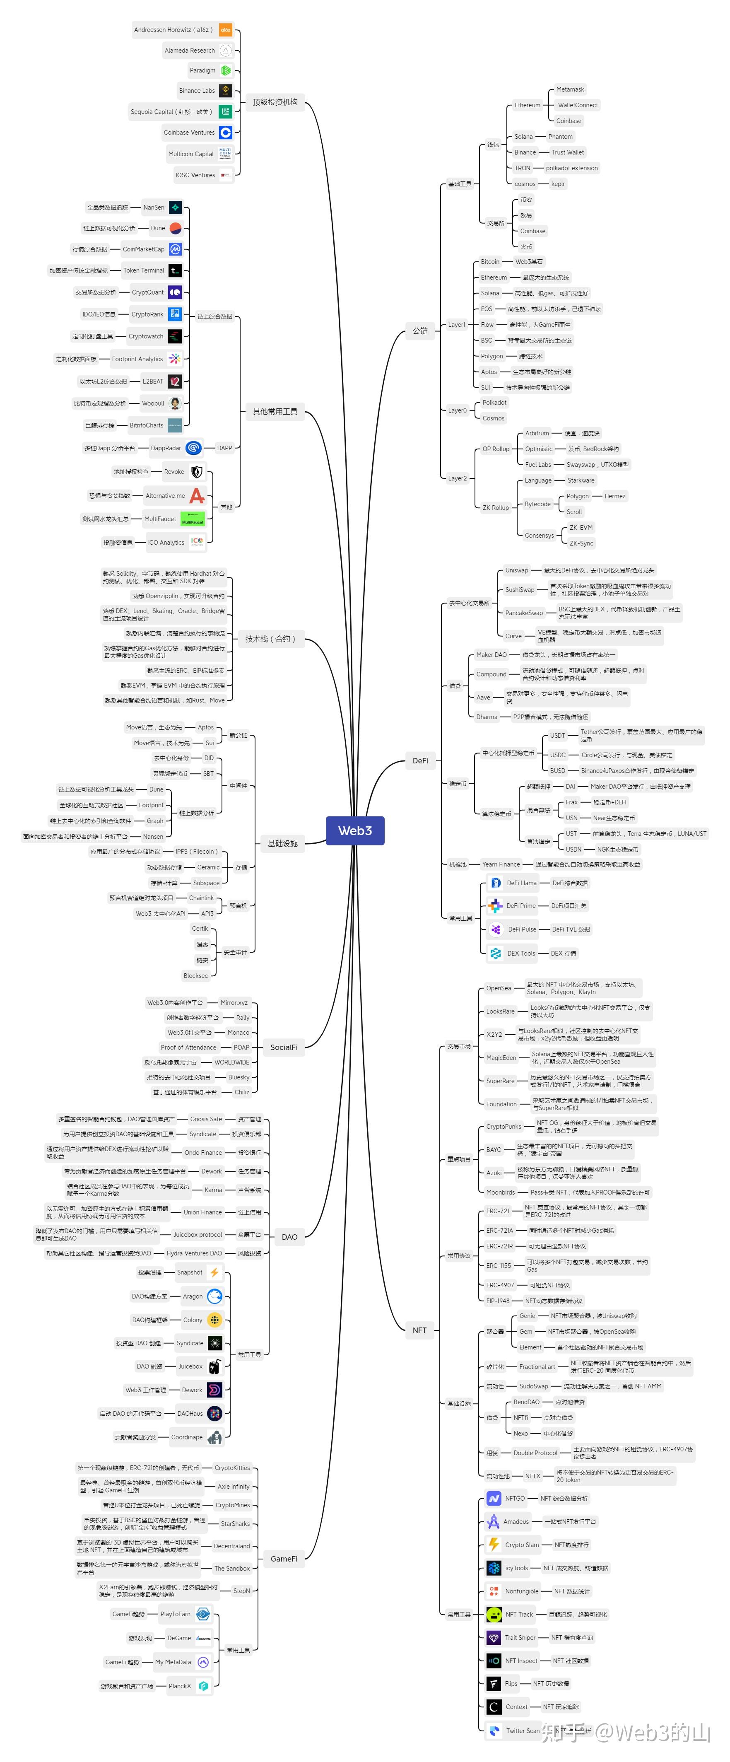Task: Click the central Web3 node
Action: click(355, 830)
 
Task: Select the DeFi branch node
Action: click(420, 760)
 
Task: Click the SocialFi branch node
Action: click(284, 1047)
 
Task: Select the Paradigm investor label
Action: click(202, 70)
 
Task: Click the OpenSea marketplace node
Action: click(498, 988)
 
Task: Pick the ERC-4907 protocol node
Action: click(500, 1284)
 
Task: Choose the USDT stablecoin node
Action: click(558, 735)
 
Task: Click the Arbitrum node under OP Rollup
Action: click(537, 433)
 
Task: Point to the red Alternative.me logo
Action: click(197, 495)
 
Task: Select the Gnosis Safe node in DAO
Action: click(206, 1119)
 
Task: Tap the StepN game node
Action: click(241, 1590)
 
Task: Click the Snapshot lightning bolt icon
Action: click(214, 1272)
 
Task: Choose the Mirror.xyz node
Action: click(234, 1002)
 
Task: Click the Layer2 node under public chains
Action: click(457, 478)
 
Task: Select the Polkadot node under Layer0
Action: click(494, 402)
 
